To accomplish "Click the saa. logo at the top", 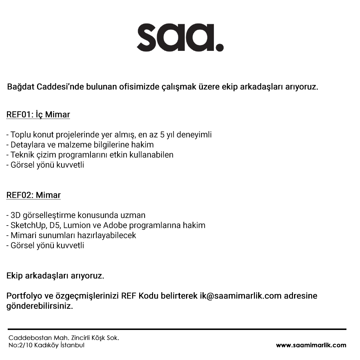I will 180,38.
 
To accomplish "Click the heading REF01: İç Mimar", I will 38,115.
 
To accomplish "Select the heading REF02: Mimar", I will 33,195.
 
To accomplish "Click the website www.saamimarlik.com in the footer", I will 311,345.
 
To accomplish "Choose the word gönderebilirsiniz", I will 40,306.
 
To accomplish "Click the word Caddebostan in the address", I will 26,338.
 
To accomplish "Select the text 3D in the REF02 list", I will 16,215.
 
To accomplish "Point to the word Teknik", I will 22,155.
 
